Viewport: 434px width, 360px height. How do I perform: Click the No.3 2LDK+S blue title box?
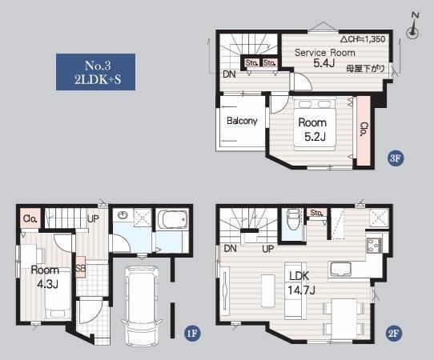coord(95,72)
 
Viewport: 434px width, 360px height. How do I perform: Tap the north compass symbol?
coord(413,26)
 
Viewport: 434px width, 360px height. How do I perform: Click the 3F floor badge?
coord(395,158)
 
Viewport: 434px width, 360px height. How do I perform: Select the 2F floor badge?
coord(393,333)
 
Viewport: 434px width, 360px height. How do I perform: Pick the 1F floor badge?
coord(192,333)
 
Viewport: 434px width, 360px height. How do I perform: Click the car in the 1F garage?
coord(141,306)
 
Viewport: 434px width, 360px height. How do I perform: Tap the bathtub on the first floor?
coord(172,218)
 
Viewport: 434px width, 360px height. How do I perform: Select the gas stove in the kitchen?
coord(375,246)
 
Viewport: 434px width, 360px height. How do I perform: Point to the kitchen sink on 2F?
coord(340,269)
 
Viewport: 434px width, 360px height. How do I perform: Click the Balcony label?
coord(242,121)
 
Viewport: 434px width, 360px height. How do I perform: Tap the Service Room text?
coord(324,53)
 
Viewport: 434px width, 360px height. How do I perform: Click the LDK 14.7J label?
coord(300,282)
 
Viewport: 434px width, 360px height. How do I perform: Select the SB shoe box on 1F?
coord(81,267)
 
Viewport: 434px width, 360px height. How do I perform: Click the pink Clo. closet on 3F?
coord(364,130)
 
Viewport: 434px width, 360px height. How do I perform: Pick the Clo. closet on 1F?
coord(30,218)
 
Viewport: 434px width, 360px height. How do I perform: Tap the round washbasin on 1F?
coord(123,215)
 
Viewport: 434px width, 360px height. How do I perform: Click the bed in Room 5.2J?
coord(315,125)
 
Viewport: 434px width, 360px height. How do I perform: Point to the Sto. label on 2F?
coord(316,213)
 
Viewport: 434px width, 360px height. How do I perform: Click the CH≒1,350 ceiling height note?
coord(363,39)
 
